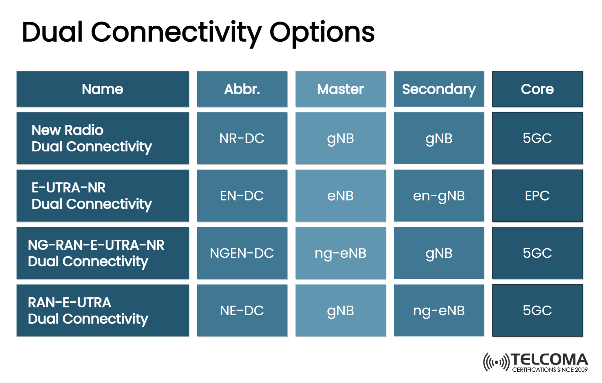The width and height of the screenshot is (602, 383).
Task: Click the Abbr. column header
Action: [x=242, y=89]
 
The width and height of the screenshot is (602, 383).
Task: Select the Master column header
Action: [x=340, y=89]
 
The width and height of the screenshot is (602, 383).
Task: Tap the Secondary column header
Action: [x=439, y=89]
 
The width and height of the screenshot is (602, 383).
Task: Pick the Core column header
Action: [x=537, y=89]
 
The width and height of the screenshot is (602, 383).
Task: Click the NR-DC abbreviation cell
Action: [x=242, y=138]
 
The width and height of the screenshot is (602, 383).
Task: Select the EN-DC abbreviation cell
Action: [x=242, y=196]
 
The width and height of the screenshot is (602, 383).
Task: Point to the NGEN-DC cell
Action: [x=242, y=253]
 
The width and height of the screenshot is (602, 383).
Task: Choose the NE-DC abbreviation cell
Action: [x=242, y=310]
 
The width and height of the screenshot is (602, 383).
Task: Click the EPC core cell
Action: [x=537, y=196]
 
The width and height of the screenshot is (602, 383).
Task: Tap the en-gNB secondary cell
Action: [x=439, y=196]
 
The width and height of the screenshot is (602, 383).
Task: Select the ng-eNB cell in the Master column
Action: [x=340, y=253]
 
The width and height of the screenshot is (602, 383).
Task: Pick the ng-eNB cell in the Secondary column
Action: [x=439, y=310]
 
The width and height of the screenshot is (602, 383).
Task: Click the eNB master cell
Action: [x=340, y=196]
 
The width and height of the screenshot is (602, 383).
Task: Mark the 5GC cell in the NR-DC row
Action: [x=537, y=138]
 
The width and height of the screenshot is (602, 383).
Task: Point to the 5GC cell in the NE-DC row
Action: [x=537, y=310]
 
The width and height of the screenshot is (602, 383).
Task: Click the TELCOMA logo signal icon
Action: [x=496, y=363]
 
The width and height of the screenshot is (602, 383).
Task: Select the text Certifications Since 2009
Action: [x=550, y=370]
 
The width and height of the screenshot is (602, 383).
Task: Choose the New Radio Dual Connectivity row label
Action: [x=91, y=138]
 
